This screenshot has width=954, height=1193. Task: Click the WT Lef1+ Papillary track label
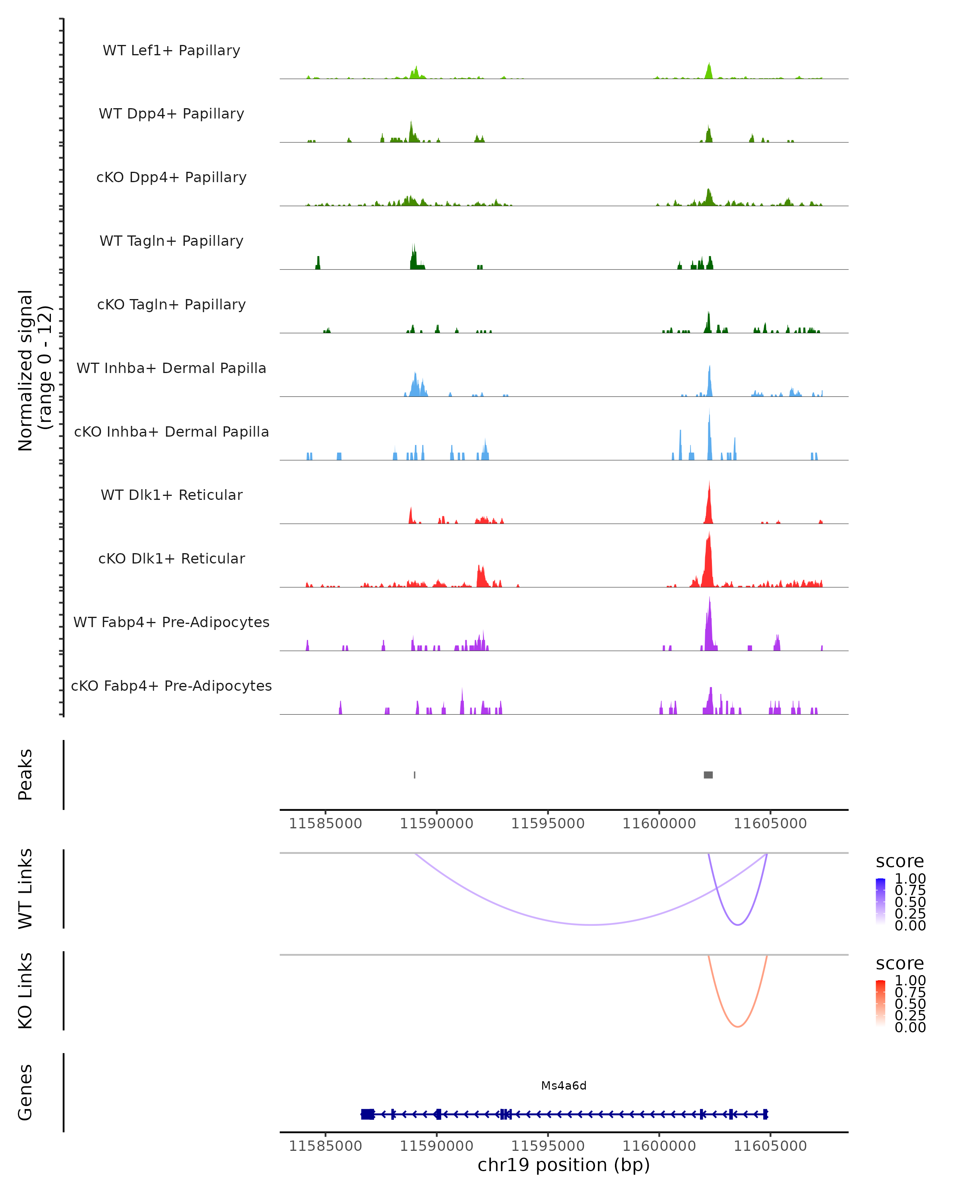pos(171,51)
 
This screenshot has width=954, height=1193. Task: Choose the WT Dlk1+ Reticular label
pos(171,495)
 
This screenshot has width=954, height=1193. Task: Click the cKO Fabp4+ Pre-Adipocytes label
pos(171,686)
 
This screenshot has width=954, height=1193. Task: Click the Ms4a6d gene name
pos(564,1086)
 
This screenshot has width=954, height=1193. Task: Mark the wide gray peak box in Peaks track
pos(708,775)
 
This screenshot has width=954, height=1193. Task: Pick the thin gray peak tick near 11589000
pos(415,775)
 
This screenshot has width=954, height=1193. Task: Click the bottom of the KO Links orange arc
pos(738,1026)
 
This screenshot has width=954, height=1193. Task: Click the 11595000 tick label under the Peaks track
pos(547,824)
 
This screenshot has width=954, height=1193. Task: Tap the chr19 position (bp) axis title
pos(564,1165)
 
